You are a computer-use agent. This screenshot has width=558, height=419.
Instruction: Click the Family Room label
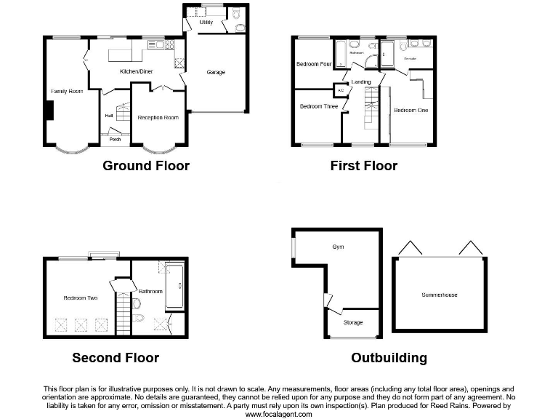[x=67, y=91]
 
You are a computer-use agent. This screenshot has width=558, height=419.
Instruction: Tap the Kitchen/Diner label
[x=136, y=71]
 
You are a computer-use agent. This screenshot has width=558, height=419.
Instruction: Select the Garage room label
[x=216, y=72]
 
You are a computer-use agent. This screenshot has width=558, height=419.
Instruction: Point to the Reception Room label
[x=158, y=117]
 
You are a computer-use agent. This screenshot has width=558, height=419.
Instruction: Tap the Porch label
[x=115, y=140]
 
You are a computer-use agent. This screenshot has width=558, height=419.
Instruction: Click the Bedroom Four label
[x=314, y=64]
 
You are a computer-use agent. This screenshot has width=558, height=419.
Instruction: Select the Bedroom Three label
[x=319, y=106]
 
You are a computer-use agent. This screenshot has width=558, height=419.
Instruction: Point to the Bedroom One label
[x=411, y=110]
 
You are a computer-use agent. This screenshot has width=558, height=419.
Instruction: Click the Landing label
[x=361, y=82]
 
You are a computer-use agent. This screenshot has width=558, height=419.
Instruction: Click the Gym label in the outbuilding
[x=338, y=247]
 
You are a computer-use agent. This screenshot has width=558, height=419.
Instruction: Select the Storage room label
[x=352, y=322]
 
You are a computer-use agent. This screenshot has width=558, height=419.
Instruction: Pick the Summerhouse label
[x=440, y=295]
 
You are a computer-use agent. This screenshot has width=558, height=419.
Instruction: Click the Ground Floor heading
[x=146, y=166]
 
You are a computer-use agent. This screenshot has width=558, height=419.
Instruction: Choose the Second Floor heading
[x=116, y=357]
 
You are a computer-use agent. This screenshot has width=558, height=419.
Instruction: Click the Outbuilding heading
[x=389, y=357]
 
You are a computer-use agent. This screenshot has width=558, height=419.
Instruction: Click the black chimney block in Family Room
[x=49, y=111]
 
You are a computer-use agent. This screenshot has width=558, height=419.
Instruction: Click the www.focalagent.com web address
[x=279, y=414]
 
